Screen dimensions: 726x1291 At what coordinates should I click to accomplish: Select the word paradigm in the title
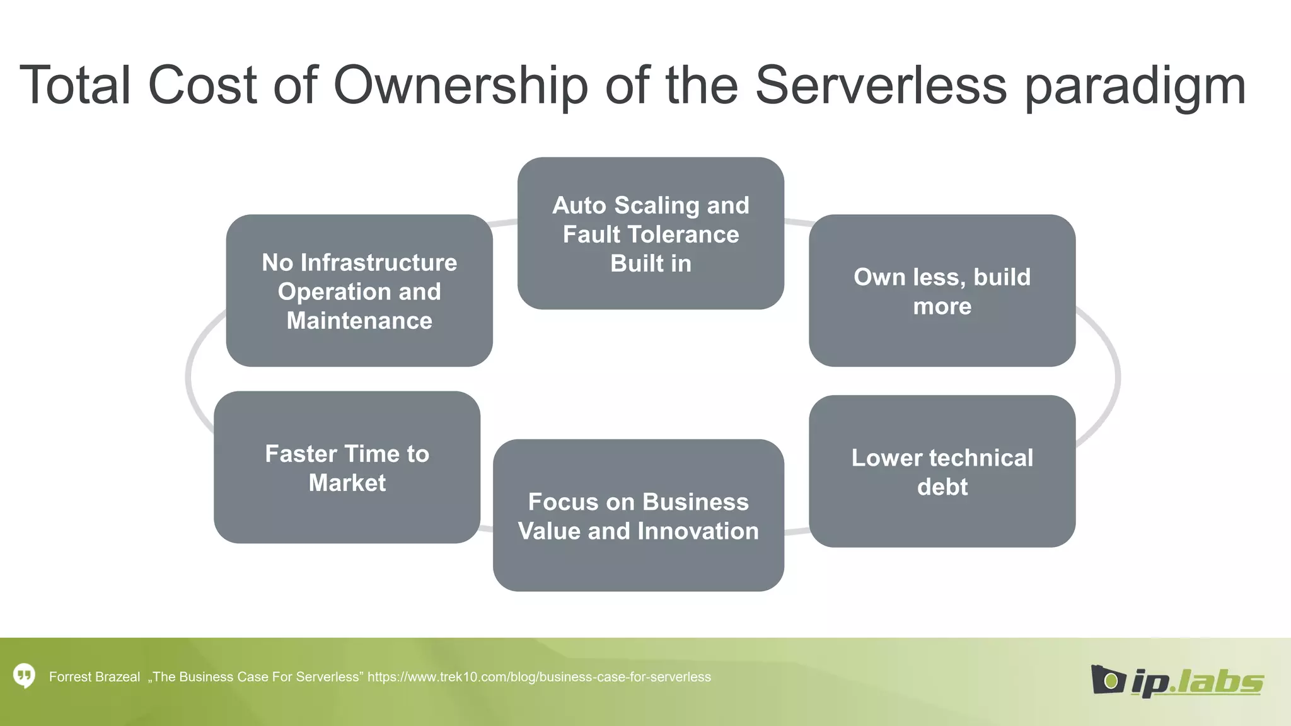[1135, 88]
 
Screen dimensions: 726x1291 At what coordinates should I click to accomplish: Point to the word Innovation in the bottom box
[697, 531]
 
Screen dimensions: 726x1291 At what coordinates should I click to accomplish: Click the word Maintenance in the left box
[359, 321]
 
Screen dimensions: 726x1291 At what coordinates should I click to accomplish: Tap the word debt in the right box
[942, 487]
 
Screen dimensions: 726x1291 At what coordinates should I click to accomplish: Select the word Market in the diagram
[347, 483]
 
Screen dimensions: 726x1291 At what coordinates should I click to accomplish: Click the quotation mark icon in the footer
[24, 676]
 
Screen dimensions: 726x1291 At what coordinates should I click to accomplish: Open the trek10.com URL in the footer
[539, 677]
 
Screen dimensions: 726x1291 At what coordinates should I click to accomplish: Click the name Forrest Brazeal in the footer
[95, 677]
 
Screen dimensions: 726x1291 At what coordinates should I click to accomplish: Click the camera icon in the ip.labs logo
[1108, 679]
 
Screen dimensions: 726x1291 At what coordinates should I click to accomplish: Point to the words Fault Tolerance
[651, 234]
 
